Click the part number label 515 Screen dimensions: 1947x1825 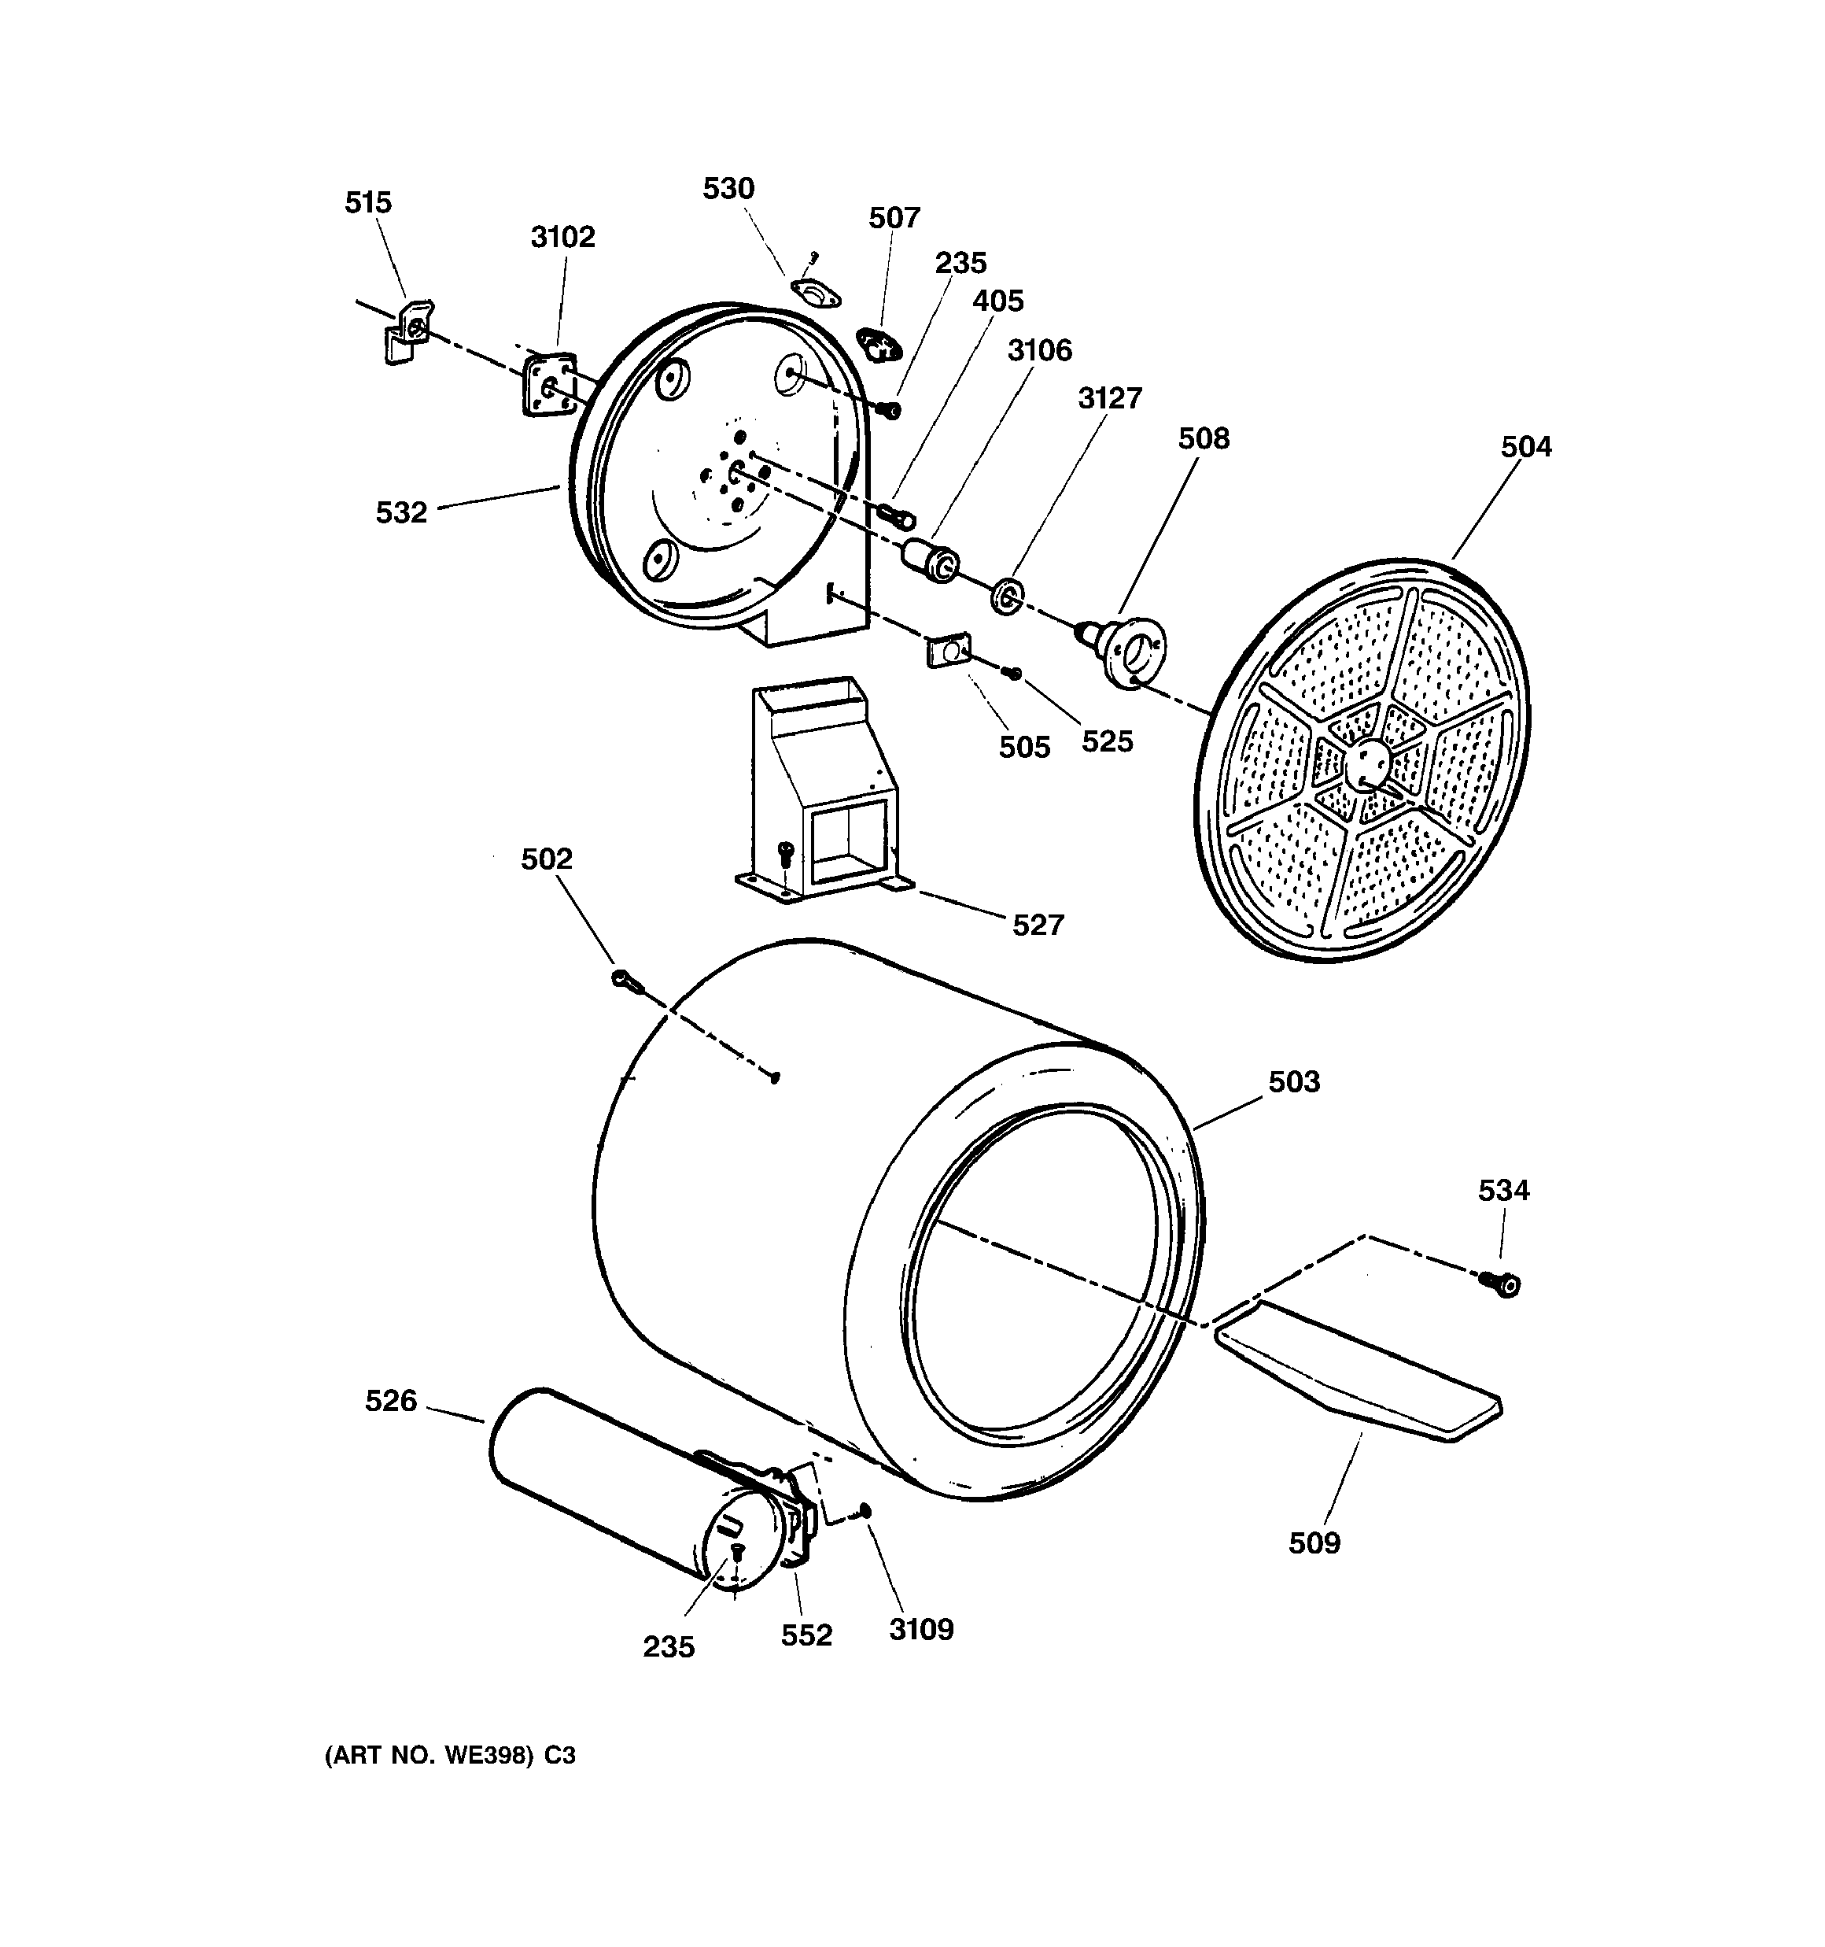(x=367, y=203)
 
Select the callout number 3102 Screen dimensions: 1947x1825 (x=563, y=237)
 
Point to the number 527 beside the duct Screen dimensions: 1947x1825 (x=1038, y=925)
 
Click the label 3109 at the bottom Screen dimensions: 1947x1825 (x=921, y=1630)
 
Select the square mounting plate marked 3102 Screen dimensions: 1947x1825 (x=549, y=385)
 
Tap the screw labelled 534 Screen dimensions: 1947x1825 (x=1501, y=1282)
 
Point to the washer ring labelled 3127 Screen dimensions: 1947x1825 (x=1006, y=596)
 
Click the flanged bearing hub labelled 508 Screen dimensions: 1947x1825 (x=1129, y=648)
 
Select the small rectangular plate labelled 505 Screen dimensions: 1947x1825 (x=948, y=648)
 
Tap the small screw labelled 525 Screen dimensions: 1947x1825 (x=1014, y=673)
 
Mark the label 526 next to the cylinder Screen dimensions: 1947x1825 (x=391, y=1402)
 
